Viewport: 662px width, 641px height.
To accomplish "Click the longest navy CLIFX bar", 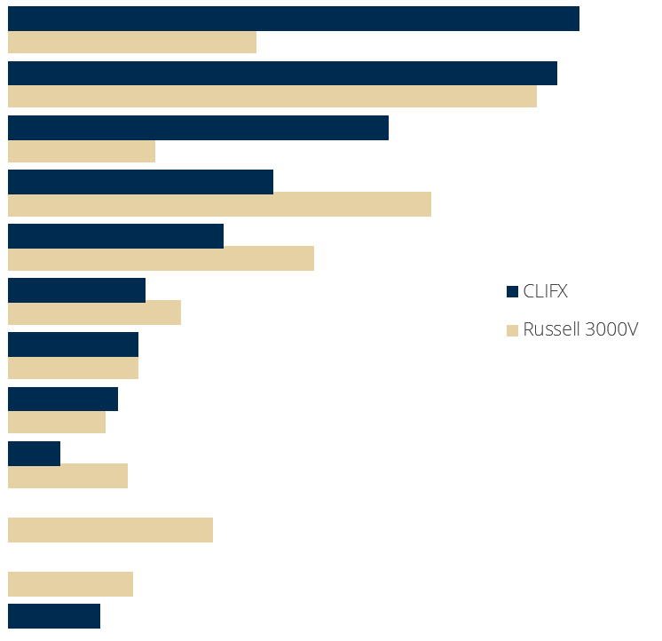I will tap(293, 19).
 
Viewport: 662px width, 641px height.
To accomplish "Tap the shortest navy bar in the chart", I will tap(34, 453).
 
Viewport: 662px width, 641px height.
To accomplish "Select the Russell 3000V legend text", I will tap(580, 330).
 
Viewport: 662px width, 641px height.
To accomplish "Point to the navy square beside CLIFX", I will tap(512, 291).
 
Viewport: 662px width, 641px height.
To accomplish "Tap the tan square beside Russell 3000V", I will tap(512, 331).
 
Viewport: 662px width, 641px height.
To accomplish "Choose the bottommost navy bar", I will tap(53, 615).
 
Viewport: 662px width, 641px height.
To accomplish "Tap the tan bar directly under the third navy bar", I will tap(81, 151).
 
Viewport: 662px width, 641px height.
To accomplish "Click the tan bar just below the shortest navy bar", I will tap(67, 476).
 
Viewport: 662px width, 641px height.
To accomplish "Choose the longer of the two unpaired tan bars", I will tap(110, 530).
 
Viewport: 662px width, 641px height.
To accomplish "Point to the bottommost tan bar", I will tap(70, 584).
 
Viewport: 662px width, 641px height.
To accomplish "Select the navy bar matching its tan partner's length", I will tap(73, 344).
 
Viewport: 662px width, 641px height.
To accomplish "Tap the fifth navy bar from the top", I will tap(115, 235).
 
